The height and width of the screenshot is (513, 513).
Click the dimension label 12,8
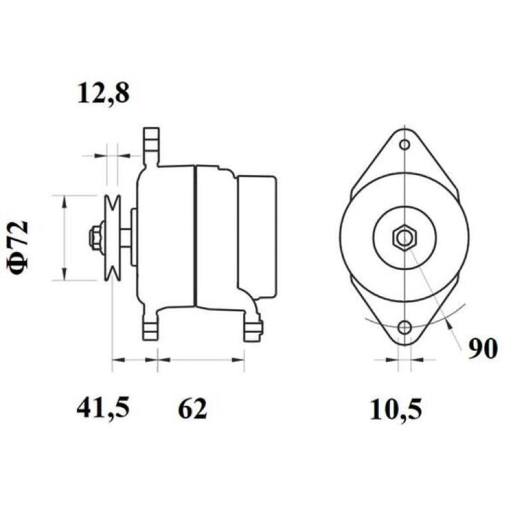tap(103, 93)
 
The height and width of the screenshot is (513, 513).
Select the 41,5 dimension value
tap(103, 408)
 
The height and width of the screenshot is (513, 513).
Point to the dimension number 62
tap(192, 408)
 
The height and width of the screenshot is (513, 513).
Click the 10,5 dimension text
tap(396, 409)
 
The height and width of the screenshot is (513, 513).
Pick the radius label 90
tap(483, 348)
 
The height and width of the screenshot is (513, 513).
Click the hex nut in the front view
tap(405, 238)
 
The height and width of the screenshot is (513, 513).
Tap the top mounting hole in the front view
tap(405, 144)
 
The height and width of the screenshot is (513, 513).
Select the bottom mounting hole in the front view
tap(405, 327)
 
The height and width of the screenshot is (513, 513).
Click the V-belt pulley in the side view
tap(112, 238)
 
